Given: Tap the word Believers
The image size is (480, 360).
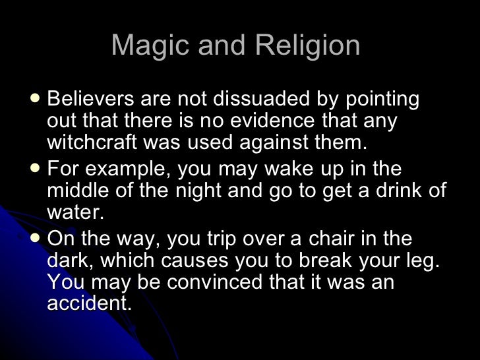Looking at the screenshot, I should coord(90,100).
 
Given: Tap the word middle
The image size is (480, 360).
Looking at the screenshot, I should coord(73,191).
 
